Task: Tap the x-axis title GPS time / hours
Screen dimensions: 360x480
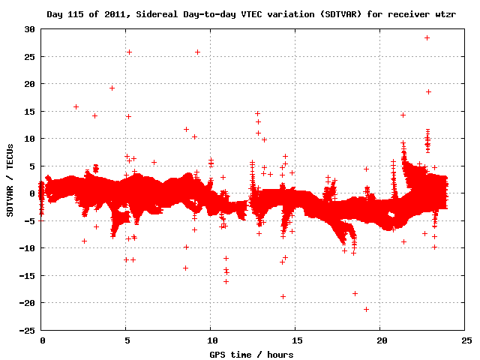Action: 250,354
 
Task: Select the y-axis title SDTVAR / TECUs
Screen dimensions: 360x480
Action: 10,180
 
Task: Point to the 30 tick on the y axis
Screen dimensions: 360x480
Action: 30,29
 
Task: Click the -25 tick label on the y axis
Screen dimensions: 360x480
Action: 28,330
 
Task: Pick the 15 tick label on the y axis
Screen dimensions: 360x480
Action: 30,111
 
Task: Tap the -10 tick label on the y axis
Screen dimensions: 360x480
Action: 28,248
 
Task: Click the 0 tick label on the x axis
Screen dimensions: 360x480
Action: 43,340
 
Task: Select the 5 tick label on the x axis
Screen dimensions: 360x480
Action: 127,340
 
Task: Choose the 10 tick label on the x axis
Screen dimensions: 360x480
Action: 211,340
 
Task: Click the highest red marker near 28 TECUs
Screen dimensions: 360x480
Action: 427,37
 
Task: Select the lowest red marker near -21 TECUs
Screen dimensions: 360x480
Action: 366,309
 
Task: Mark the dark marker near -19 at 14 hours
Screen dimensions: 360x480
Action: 283,296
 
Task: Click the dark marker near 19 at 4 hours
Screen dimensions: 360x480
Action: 112,88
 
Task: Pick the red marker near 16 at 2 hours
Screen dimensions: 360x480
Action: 76,106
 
